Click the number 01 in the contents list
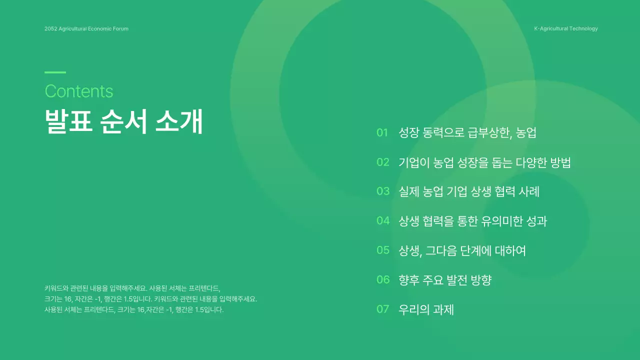click(382, 132)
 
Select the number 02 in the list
click(383, 162)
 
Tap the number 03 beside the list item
click(383, 191)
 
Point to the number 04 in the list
click(383, 220)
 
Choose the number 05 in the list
click(383, 250)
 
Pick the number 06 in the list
click(383, 279)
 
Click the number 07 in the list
click(383, 309)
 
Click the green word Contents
click(79, 91)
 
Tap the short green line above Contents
click(55, 72)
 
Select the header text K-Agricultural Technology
click(565, 28)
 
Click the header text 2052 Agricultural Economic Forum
click(86, 28)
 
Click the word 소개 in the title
click(179, 121)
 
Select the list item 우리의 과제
click(426, 309)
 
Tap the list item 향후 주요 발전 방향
click(445, 280)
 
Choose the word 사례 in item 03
click(527, 191)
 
